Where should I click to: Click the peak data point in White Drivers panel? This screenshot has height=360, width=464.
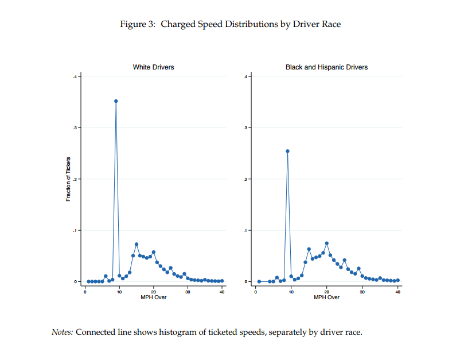(x=116, y=101)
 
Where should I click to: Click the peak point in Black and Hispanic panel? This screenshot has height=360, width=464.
(x=287, y=151)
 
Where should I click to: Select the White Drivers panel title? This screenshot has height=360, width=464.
(x=153, y=67)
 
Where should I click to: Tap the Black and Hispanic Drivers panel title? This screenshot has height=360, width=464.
(x=326, y=67)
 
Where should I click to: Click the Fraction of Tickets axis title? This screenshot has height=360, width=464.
(x=68, y=179)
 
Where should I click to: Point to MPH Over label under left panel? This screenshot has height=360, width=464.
(x=153, y=297)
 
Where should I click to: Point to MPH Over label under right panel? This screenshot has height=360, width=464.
(x=326, y=297)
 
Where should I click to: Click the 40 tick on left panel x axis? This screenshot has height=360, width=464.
(x=223, y=292)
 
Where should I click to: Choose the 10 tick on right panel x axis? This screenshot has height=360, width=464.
(x=291, y=292)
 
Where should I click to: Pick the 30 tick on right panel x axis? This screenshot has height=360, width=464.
(x=362, y=292)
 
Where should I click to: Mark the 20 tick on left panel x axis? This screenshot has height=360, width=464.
(x=154, y=292)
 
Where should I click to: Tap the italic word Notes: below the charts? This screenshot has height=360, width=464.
(x=62, y=332)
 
